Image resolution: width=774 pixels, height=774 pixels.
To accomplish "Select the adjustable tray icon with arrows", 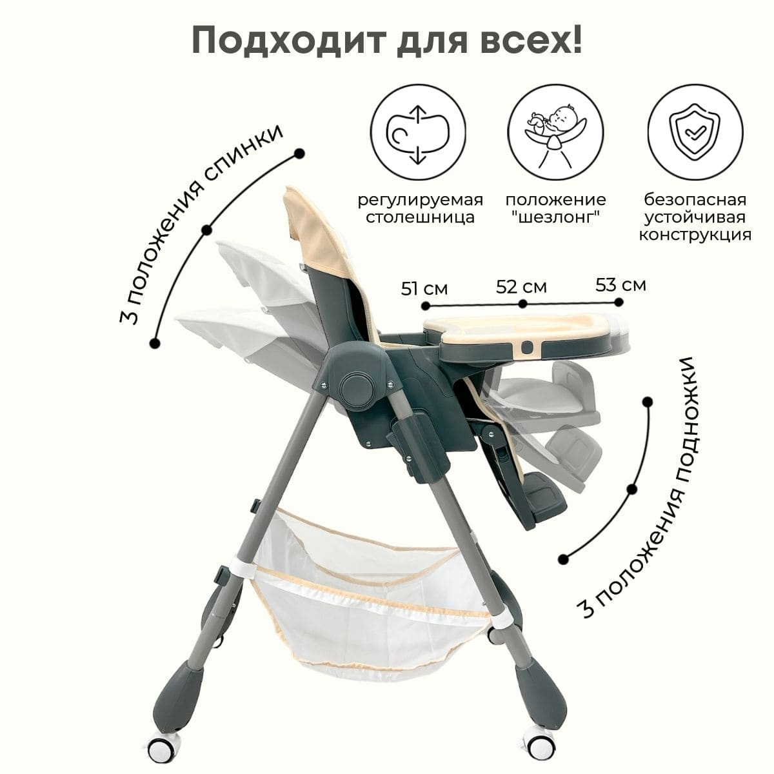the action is pyautogui.click(x=418, y=133).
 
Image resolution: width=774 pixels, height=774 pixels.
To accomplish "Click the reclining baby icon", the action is pyautogui.click(x=555, y=133).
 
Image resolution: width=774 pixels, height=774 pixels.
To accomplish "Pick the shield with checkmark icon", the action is pyautogui.click(x=695, y=133).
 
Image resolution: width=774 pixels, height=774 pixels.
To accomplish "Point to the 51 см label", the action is pyautogui.click(x=424, y=289).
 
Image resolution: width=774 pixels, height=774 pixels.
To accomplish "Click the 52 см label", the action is pyautogui.click(x=521, y=287).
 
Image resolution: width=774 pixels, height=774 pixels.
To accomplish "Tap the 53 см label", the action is pyautogui.click(x=620, y=285).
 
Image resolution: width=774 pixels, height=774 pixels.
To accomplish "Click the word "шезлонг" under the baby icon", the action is pyautogui.click(x=556, y=217).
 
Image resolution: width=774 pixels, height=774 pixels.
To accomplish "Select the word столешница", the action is pyautogui.click(x=420, y=217).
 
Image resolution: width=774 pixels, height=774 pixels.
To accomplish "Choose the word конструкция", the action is pyautogui.click(x=695, y=235).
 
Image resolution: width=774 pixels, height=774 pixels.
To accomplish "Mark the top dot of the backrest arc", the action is pyautogui.click(x=299, y=154).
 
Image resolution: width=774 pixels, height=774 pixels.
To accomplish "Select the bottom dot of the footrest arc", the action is pyautogui.click(x=564, y=559).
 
